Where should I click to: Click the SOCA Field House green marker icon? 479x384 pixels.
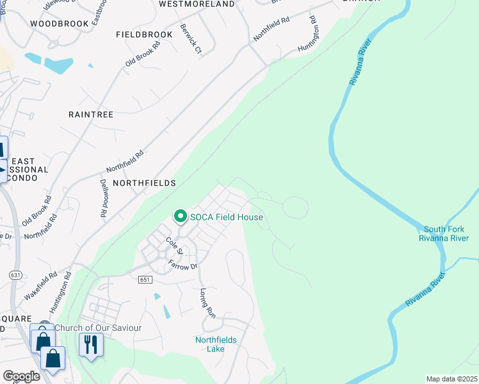click(181, 217)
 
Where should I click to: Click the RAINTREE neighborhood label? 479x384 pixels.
click(90, 115)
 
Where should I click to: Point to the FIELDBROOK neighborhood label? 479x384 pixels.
click(144, 34)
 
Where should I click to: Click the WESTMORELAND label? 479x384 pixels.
click(197, 4)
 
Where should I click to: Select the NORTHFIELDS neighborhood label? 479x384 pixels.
click(144, 183)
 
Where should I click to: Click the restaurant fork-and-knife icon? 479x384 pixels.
click(89, 345)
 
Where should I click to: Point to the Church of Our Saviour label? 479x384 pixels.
click(97, 328)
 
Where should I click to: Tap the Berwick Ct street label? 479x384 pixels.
click(191, 39)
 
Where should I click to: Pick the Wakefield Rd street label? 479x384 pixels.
click(41, 285)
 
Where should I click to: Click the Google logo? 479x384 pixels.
click(21, 376)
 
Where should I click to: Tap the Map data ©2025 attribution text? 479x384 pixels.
click(451, 379)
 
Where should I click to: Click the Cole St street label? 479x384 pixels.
click(174, 244)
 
